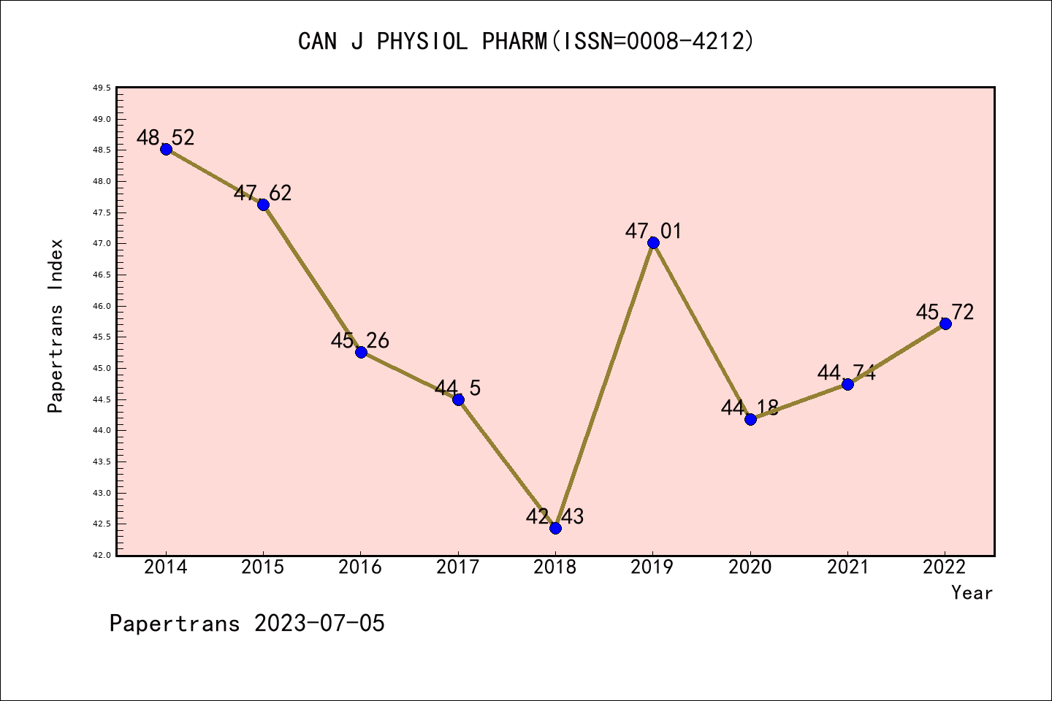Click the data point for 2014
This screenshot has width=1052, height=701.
(166, 149)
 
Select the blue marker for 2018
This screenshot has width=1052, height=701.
(555, 528)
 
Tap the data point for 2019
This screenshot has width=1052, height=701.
(653, 242)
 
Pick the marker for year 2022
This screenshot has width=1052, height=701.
(945, 323)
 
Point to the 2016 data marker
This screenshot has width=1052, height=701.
(361, 352)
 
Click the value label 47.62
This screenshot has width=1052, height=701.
(263, 194)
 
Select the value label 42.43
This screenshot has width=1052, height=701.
(555, 517)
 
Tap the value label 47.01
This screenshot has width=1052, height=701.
(653, 231)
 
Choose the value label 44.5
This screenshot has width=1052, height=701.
(458, 388)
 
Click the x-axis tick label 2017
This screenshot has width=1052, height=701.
(458, 567)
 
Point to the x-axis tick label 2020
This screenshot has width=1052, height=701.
(750, 567)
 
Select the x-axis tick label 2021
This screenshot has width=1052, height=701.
(847, 567)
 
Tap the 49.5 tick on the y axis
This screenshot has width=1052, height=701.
(102, 88)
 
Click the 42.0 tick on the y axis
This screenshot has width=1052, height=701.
(102, 556)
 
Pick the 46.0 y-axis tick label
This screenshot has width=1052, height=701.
(102, 306)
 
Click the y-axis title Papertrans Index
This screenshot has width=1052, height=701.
(56, 326)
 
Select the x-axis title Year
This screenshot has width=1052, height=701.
(972, 593)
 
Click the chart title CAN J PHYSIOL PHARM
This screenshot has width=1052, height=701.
(422, 42)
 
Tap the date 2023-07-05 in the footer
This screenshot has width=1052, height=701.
(319, 624)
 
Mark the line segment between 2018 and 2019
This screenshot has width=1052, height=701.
(604, 386)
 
